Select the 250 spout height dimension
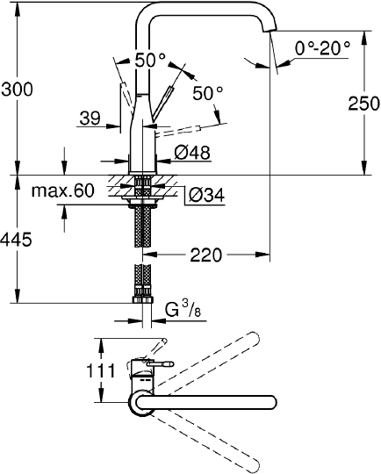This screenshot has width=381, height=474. pos(357,103)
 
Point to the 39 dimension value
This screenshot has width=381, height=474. pos(90,118)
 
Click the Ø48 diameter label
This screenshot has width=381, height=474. pos(192,153)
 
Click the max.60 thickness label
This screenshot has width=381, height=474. pos(63,190)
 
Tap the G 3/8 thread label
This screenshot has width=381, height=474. pos(183,309)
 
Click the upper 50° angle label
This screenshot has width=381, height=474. pos(150,61)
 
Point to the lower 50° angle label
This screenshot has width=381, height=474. pos(207,92)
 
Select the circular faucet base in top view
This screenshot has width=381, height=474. pos(140,404)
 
